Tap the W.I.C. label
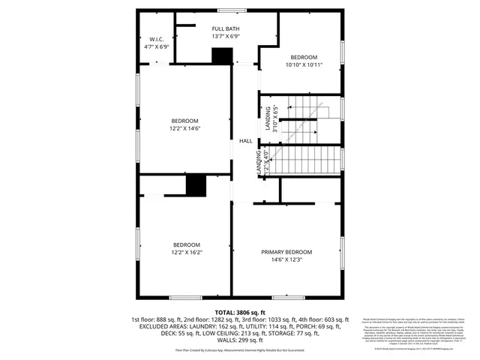157,39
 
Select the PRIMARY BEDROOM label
286,252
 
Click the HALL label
245,141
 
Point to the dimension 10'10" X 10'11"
304,66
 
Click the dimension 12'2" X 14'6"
184,129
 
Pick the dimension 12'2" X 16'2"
187,253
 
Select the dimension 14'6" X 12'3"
286,260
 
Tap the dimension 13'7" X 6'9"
226,36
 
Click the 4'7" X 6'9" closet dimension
157,46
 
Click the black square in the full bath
221,56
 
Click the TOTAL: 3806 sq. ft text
240,312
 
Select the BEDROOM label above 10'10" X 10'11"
304,58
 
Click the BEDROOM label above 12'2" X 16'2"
187,244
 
